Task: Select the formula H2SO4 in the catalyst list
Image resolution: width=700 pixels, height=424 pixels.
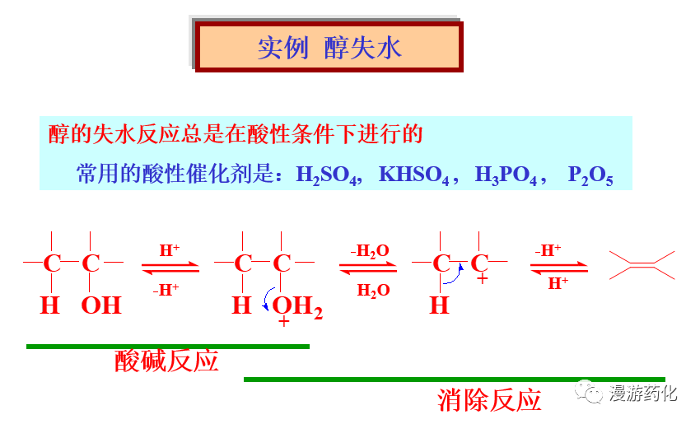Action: (327, 175)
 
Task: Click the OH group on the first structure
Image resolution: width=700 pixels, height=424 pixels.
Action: (100, 306)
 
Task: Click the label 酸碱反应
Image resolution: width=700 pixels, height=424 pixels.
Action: (166, 361)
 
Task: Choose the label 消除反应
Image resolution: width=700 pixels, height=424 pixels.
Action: (489, 400)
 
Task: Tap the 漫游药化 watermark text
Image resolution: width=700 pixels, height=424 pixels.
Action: (643, 394)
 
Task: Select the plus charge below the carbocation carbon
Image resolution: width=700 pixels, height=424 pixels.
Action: (482, 280)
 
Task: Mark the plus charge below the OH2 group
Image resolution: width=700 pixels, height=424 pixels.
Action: (284, 323)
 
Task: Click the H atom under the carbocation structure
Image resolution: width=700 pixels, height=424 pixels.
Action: (439, 306)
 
